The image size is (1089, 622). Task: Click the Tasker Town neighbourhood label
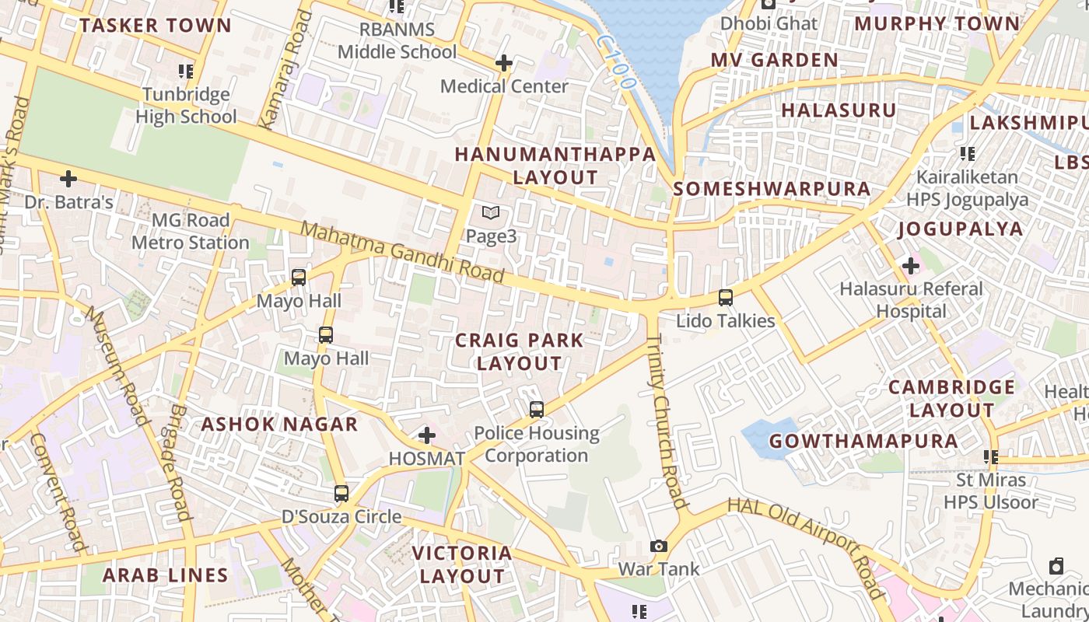(x=155, y=26)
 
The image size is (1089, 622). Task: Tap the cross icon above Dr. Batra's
(x=68, y=179)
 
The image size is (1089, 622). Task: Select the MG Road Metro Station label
(x=190, y=232)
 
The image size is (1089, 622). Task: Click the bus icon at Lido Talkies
(x=725, y=297)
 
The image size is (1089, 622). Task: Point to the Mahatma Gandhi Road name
(x=402, y=253)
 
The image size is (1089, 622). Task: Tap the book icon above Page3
(x=490, y=212)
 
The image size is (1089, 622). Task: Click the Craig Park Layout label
(x=519, y=351)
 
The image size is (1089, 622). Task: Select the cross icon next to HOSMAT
(x=426, y=435)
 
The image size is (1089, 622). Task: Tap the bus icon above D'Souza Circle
(x=341, y=494)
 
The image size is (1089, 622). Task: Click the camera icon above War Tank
(x=659, y=546)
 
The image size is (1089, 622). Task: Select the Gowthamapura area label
(x=863, y=442)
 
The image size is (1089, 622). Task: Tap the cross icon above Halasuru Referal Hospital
(x=910, y=266)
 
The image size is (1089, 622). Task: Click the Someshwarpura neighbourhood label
(x=772, y=189)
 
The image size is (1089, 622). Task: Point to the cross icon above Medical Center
(x=504, y=63)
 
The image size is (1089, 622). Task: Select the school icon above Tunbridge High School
(x=185, y=72)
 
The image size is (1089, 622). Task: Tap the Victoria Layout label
(x=462, y=564)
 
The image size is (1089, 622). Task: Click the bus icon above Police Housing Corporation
(x=536, y=410)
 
